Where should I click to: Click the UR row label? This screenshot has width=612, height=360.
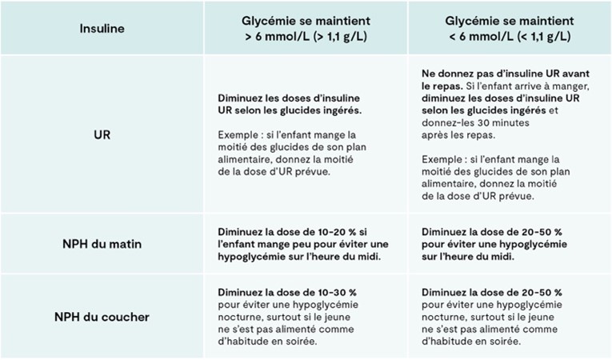point(102,134)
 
